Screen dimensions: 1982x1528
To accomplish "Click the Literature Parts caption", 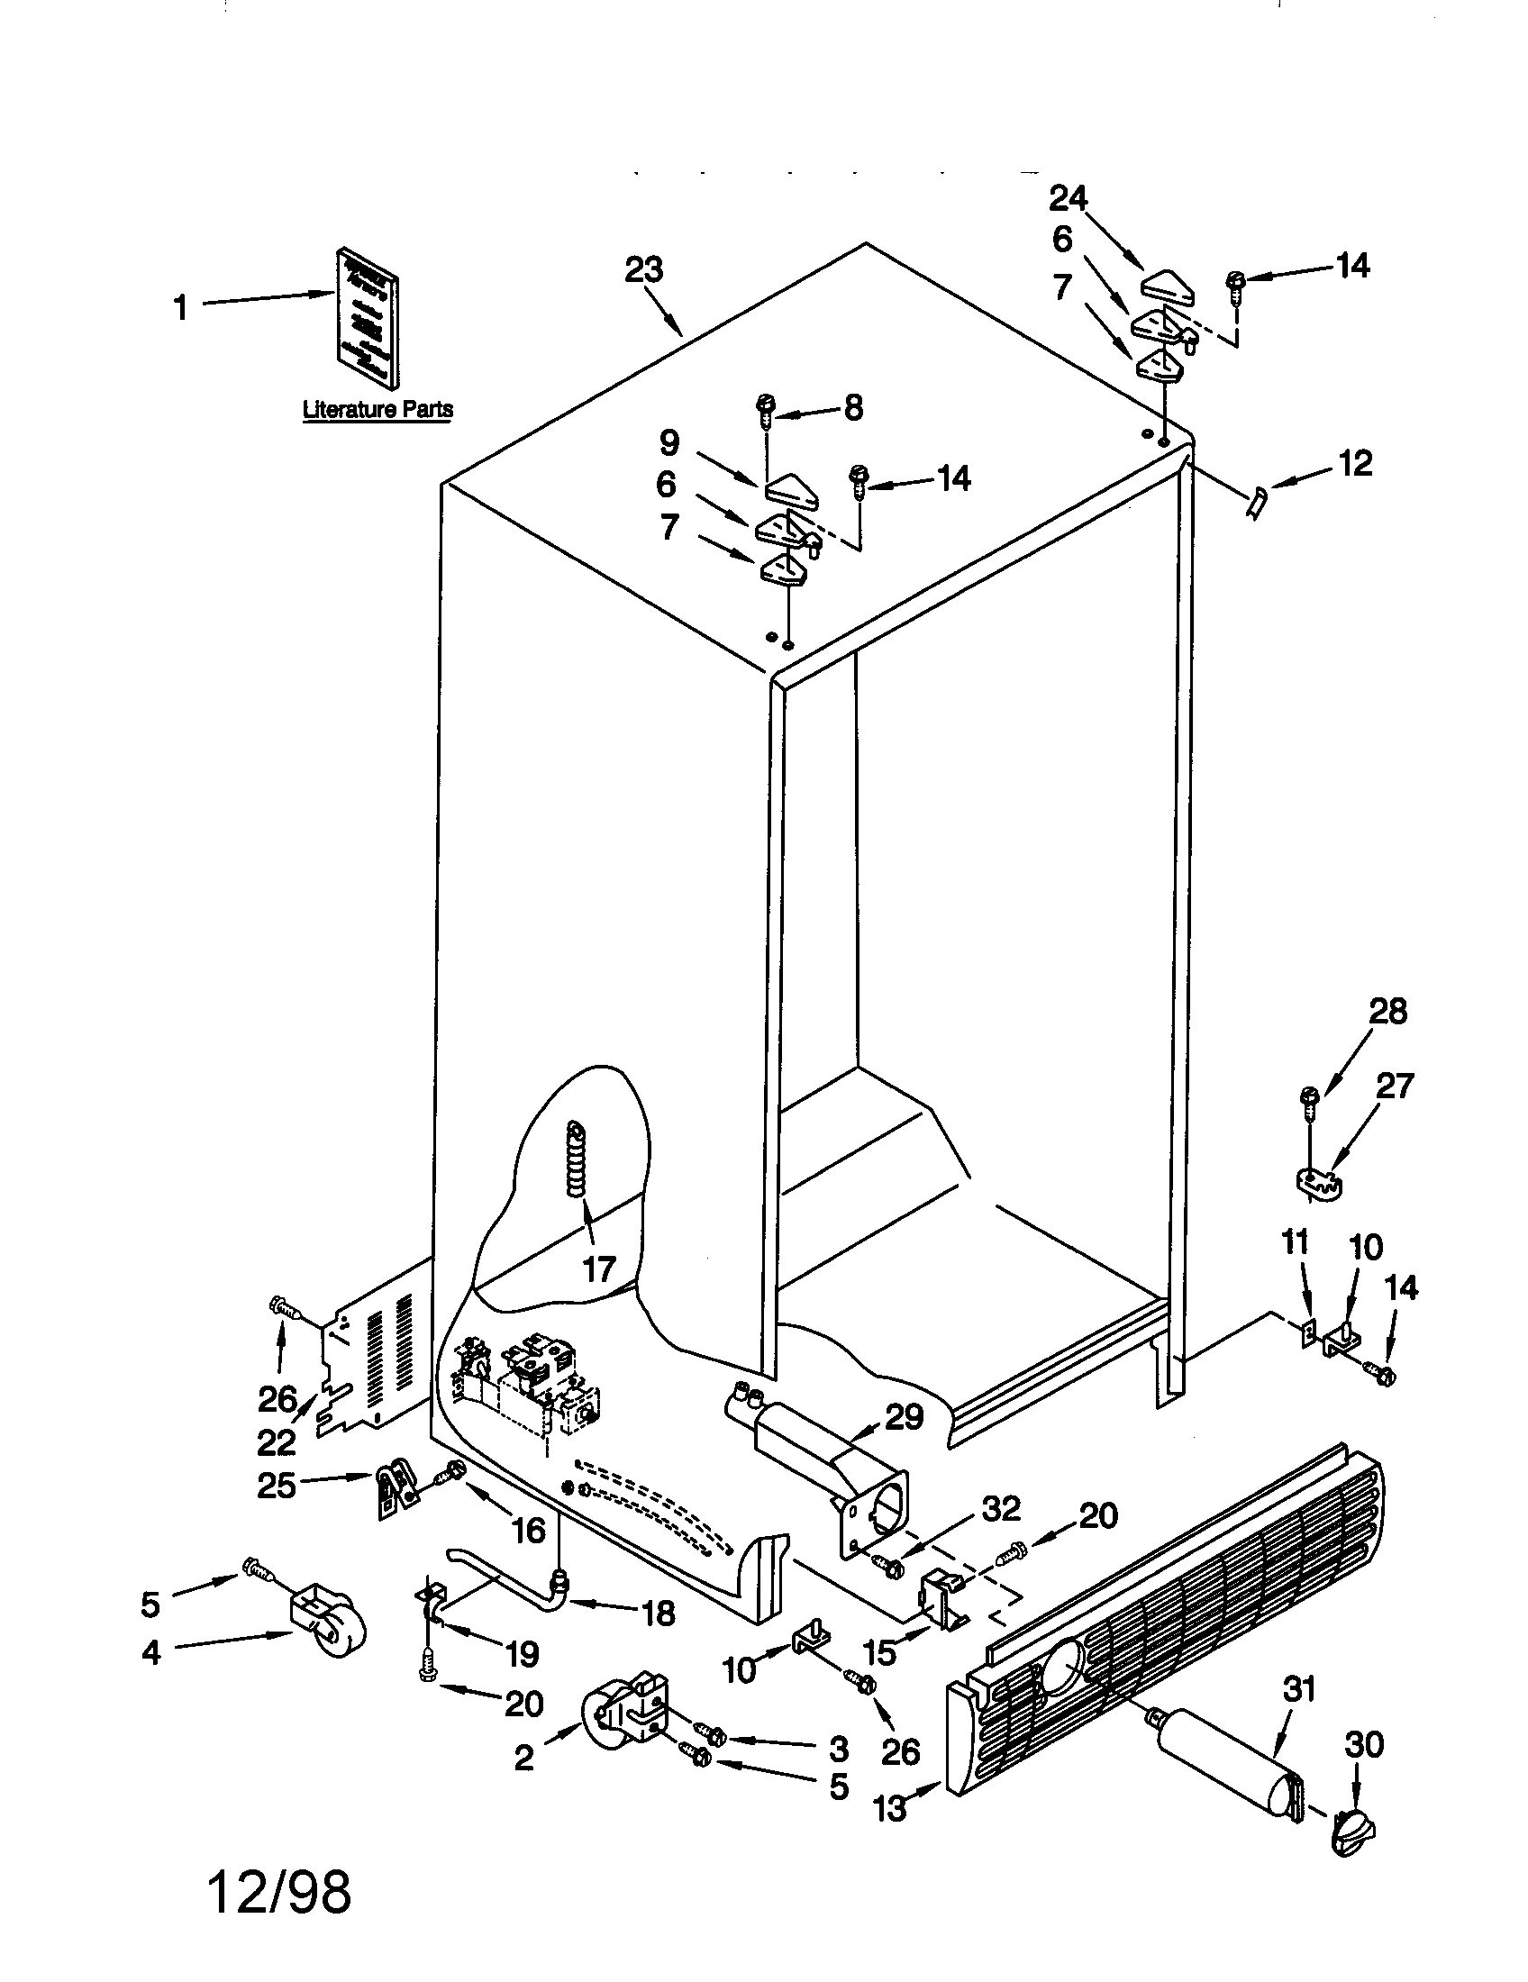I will pyautogui.click(x=377, y=409).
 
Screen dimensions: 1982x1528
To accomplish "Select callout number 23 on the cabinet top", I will pyautogui.click(x=643, y=269).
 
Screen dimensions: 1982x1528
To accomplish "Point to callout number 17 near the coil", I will pyautogui.click(x=599, y=1268).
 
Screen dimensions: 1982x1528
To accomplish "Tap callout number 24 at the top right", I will pyautogui.click(x=1068, y=197).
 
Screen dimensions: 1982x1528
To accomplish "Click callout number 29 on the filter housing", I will pyautogui.click(x=905, y=1416).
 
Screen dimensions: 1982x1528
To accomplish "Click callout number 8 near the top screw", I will pyautogui.click(x=853, y=407).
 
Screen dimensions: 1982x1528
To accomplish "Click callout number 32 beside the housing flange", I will pyautogui.click(x=1001, y=1507).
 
